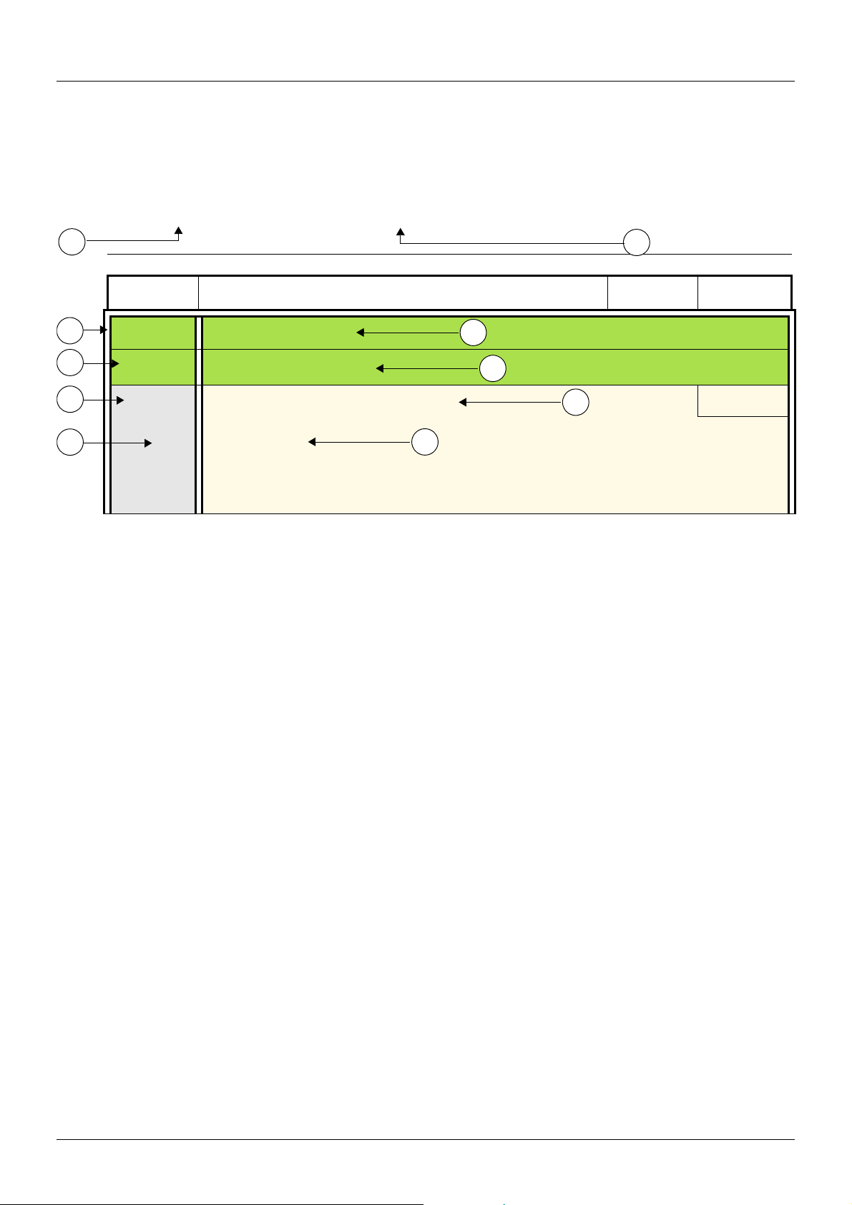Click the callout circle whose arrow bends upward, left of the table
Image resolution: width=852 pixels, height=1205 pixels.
pos(71,242)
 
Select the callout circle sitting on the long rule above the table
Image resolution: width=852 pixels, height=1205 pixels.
pos(636,242)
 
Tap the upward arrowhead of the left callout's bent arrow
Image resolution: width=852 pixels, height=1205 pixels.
pos(179,230)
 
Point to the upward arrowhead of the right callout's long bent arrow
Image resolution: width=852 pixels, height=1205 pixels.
pos(401,232)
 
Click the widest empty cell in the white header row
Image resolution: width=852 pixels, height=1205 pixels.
pos(403,292)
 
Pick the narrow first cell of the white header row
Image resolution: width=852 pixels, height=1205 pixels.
pos(152,292)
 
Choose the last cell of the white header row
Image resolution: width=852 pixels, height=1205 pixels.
pos(745,292)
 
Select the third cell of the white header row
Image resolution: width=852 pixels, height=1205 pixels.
pos(652,292)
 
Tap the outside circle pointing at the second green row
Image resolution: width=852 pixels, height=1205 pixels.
pos(70,363)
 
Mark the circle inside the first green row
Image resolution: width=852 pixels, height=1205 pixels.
pos(473,333)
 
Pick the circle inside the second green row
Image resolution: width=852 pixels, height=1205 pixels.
pos(492,368)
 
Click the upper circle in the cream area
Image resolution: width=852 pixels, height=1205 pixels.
pos(576,403)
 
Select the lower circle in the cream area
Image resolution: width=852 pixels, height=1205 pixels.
pos(425,442)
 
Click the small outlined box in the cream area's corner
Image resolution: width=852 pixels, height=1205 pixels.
pos(743,400)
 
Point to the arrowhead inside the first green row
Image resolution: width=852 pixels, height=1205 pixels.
pos(361,333)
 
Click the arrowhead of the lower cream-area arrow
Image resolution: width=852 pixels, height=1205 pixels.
pos(312,442)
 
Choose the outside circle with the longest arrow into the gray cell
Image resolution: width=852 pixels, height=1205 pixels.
pos(70,443)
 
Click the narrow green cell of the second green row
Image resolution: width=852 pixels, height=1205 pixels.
pos(153,367)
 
